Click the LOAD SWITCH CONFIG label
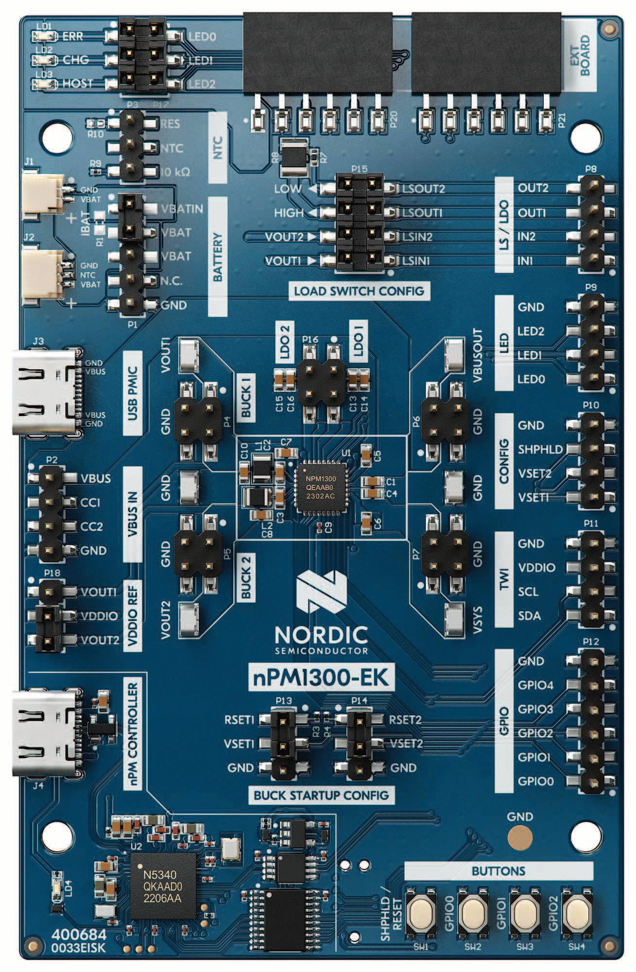pyautogui.click(x=359, y=292)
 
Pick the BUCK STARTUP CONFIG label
pyautogui.click(x=321, y=796)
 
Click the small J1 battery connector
pyautogui.click(x=43, y=193)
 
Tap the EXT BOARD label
pyautogui.click(x=580, y=55)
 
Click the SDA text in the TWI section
pyautogui.click(x=529, y=616)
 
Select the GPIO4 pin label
pyautogui.click(x=535, y=685)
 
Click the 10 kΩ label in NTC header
pyautogui.click(x=175, y=172)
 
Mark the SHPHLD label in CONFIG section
pyautogui.click(x=540, y=450)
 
